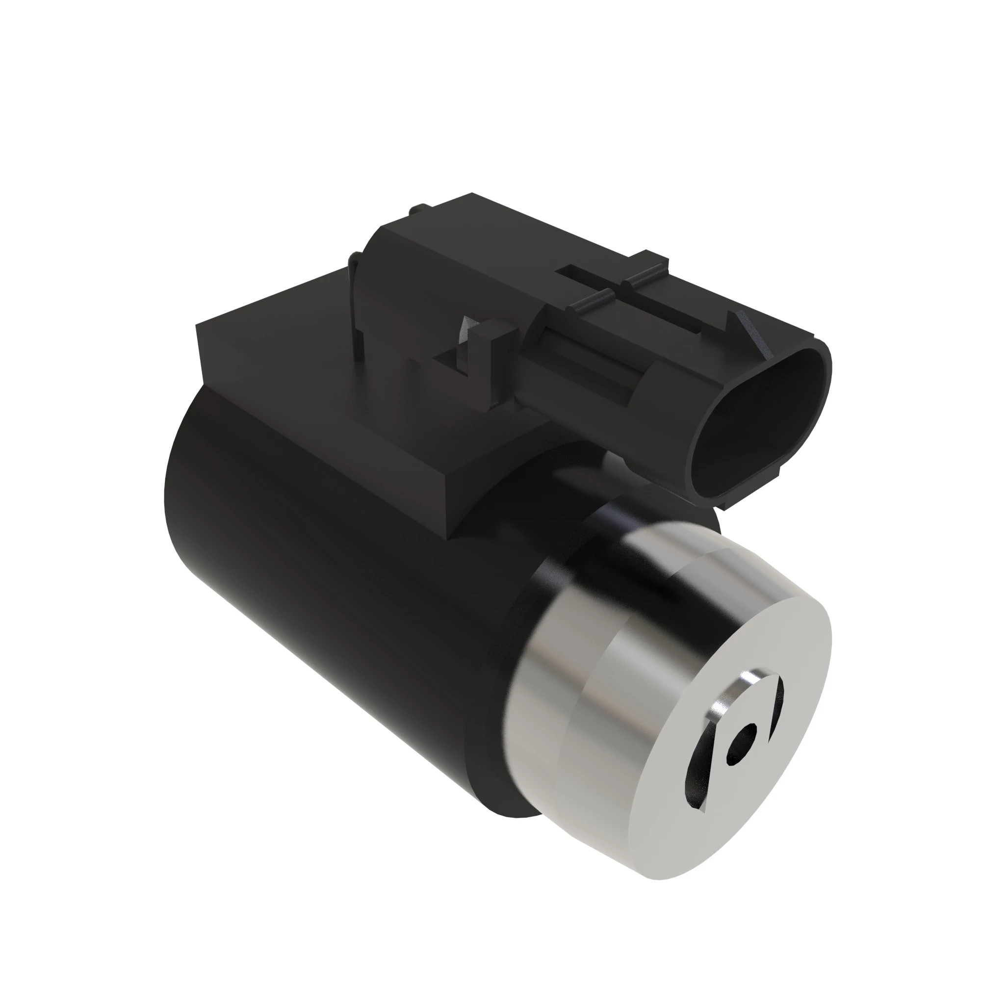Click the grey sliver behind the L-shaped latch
click(x=465, y=335)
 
